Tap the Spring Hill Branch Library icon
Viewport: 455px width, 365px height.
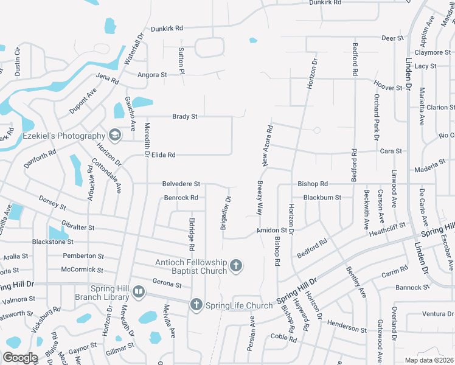pos(139,293)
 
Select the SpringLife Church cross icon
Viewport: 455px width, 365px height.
pos(196,305)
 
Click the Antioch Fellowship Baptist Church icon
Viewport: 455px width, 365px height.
pos(236,265)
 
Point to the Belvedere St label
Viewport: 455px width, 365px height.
pos(181,183)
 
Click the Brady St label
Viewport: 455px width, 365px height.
pos(185,116)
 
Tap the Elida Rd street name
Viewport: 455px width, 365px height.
pos(164,155)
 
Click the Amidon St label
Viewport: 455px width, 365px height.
pos(271,231)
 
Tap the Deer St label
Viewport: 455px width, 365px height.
pos(392,38)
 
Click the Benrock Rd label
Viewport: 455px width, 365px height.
pos(181,198)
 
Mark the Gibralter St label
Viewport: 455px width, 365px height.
pos(78,227)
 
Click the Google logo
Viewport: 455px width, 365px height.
pos(21,358)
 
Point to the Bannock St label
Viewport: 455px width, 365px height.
pos(412,287)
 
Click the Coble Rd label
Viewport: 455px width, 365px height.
pos(283,337)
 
